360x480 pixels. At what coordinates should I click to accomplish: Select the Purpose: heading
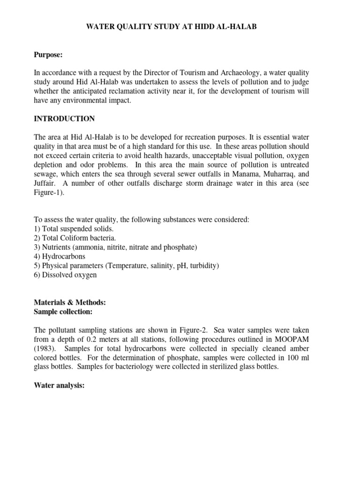coord(48,55)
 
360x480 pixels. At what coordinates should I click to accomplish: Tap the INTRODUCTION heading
coord(64,119)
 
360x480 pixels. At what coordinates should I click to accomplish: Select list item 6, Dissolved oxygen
coord(65,275)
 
